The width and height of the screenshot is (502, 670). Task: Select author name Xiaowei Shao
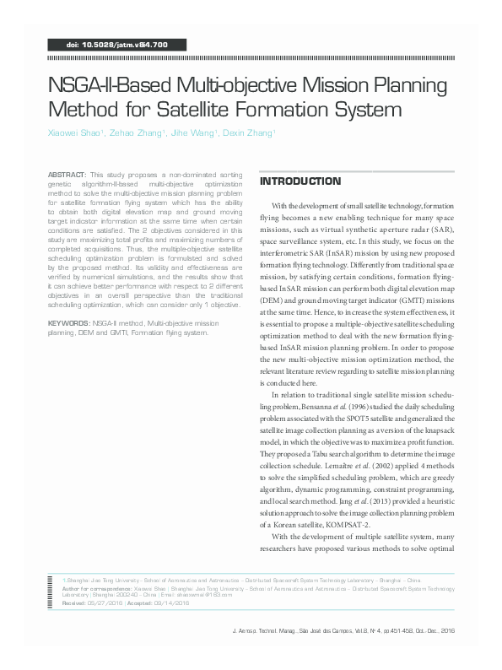tap(74, 132)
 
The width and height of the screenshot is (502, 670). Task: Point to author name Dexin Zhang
tap(251, 132)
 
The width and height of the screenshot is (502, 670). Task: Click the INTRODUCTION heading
tap(300, 181)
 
